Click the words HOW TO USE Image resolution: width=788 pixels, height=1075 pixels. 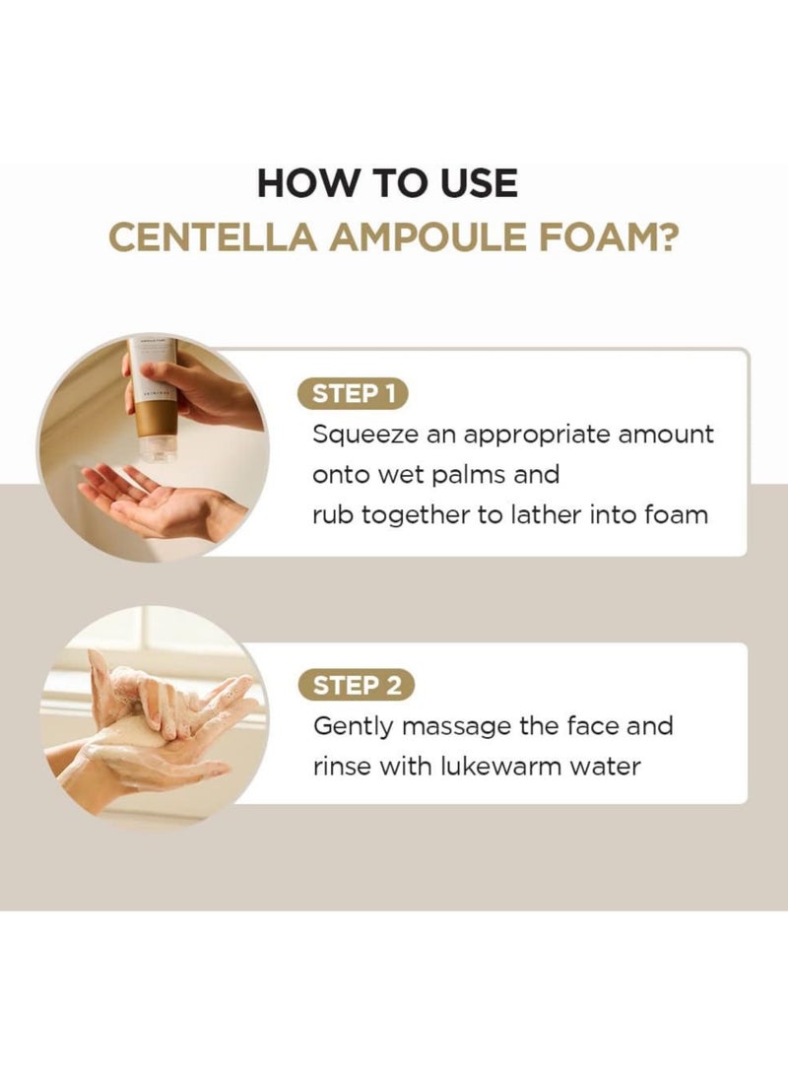coord(387,184)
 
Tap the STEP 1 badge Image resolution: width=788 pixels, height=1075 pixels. coord(353,395)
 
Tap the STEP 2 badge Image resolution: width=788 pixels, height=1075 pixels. coord(356,686)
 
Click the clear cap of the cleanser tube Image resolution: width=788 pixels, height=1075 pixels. coord(158,449)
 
